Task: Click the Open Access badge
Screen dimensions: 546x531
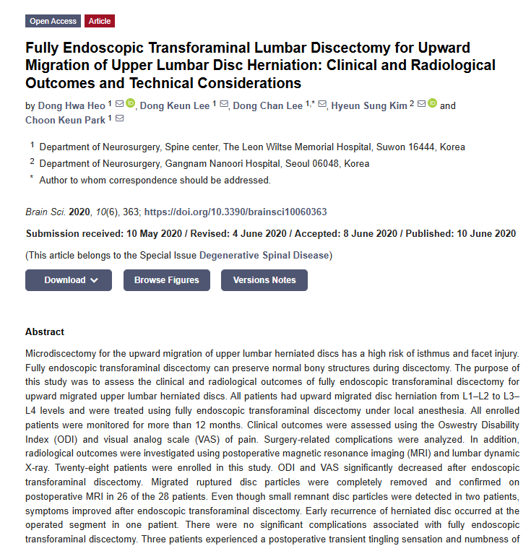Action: click(53, 21)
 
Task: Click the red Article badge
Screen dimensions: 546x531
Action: click(100, 21)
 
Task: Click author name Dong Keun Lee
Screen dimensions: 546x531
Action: click(174, 105)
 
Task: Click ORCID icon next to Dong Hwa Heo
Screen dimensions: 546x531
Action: click(131, 105)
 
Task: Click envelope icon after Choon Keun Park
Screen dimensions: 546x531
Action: click(119, 119)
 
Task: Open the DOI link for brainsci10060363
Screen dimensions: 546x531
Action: click(236, 212)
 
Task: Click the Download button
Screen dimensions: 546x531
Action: click(69, 280)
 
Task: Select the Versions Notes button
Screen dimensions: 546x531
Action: click(264, 280)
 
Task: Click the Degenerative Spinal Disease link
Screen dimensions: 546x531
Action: click(264, 256)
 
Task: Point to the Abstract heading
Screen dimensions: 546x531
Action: click(45, 332)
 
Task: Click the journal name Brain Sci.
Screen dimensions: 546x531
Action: click(46, 212)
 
